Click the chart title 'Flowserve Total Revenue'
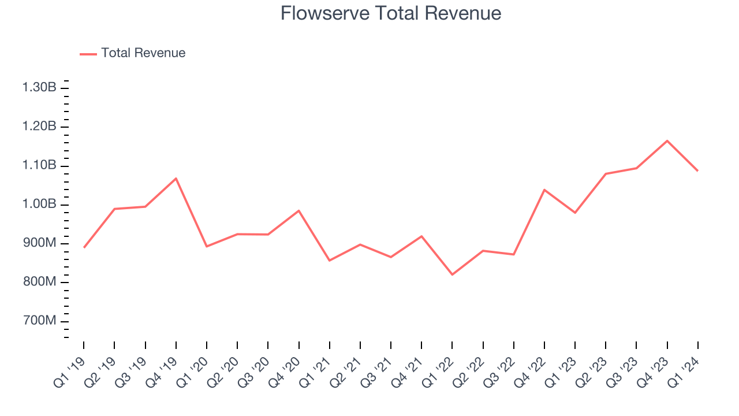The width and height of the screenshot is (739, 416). pyautogui.click(x=391, y=13)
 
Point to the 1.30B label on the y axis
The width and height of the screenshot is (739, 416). pyautogui.click(x=39, y=88)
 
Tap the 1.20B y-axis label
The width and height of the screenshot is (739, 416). pyautogui.click(x=39, y=127)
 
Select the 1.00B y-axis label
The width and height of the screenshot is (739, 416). pyautogui.click(x=39, y=205)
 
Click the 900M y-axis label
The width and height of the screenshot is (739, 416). pyautogui.click(x=39, y=243)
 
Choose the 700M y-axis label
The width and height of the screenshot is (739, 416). pyautogui.click(x=39, y=321)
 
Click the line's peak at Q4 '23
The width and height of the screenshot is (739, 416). pyautogui.click(x=667, y=140)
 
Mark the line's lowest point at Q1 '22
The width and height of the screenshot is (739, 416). pyautogui.click(x=452, y=274)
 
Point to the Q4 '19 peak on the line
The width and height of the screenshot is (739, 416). pyautogui.click(x=176, y=178)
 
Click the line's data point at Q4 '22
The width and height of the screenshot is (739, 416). pyautogui.click(x=544, y=190)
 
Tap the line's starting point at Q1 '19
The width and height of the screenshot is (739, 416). pyautogui.click(x=84, y=247)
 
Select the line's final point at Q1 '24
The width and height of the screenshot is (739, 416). pyautogui.click(x=698, y=170)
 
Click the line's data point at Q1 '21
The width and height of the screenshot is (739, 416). pyautogui.click(x=330, y=261)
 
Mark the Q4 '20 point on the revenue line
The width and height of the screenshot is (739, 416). pyautogui.click(x=298, y=210)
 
